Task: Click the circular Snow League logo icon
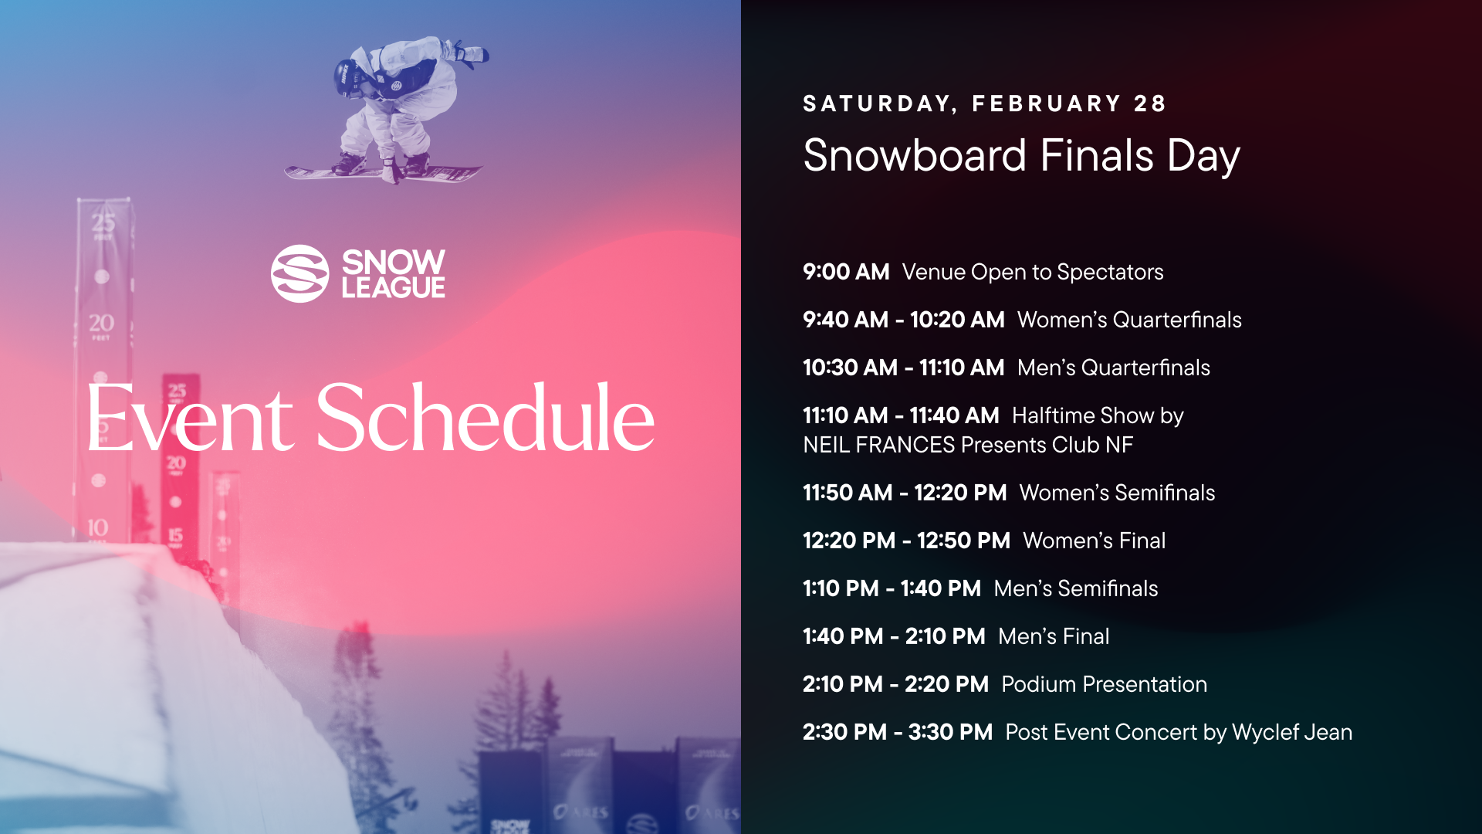pos(300,273)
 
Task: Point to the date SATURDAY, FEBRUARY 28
pos(984,103)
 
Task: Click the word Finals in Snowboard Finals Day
pos(1096,155)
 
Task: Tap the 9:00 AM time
pos(846,272)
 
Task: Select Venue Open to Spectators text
pos(1032,272)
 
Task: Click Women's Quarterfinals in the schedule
pos(1128,320)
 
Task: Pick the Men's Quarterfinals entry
pos(1113,368)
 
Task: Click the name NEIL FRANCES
pos(878,445)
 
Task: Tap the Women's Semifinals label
pos(1117,493)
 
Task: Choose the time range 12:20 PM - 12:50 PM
pos(906,541)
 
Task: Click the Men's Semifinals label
pos(1075,588)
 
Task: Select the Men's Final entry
pos(1053,636)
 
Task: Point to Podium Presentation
pos(1104,684)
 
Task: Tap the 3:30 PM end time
pos(950,732)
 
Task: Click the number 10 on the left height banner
pos(98,528)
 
